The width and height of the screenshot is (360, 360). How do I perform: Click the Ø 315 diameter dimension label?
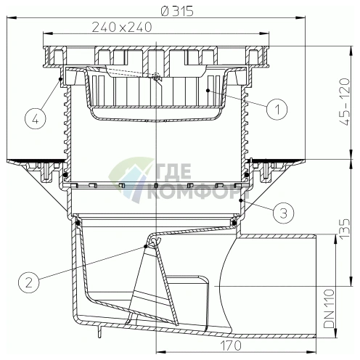coord(177,11)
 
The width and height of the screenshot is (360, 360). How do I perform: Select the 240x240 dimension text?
coord(122,27)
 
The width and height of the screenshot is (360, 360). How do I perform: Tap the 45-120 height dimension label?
coord(344,102)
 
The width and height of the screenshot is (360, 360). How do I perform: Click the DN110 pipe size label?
coord(329,308)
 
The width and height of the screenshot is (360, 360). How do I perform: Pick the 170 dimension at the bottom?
coord(231,345)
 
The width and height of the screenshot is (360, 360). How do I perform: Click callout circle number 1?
coord(277,109)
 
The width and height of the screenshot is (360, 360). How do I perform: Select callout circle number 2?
coord(29,282)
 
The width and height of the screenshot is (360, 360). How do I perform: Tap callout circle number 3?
coord(284,213)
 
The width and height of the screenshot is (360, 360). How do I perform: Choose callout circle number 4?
coord(36,119)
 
